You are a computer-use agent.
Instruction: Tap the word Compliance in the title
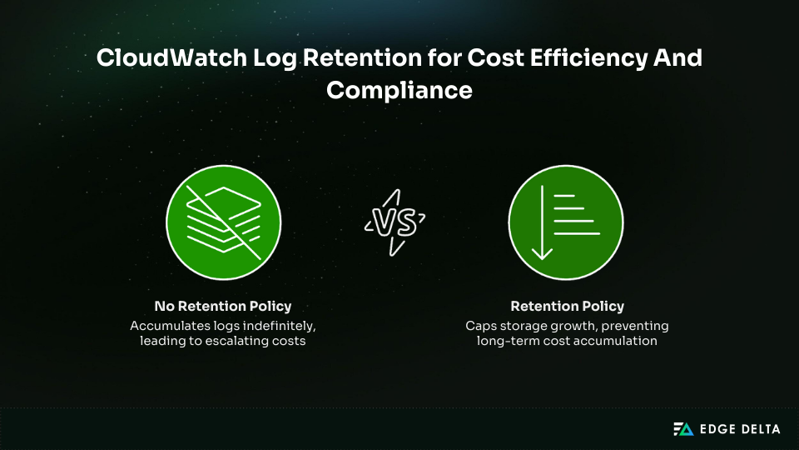(399, 90)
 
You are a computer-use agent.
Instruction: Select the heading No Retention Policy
(223, 306)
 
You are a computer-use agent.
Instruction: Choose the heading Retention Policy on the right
(567, 306)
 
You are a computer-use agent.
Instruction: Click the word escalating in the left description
(236, 342)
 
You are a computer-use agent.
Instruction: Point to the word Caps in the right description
(481, 325)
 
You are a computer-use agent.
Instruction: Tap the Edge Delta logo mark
(682, 428)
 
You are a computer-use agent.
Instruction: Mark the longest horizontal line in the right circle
(577, 234)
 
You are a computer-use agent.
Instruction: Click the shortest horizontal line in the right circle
(564, 196)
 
